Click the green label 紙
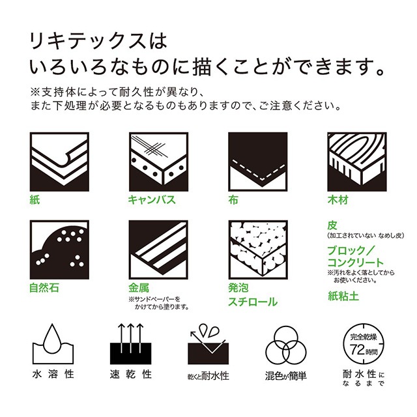tap(35, 200)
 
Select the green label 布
tap(232, 200)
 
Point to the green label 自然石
tap(44, 287)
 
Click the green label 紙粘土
tap(342, 295)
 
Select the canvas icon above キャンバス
tap(156, 161)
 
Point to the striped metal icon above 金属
tap(156, 249)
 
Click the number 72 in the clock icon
tap(356, 347)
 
